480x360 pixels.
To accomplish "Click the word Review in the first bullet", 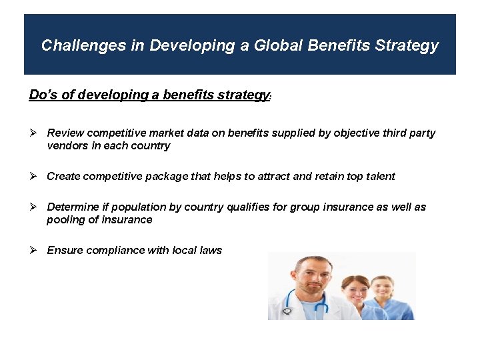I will point(65,133).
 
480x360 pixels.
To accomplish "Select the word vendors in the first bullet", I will point(66,146).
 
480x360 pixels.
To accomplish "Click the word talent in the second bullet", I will point(379,177).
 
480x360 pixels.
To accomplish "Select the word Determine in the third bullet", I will point(73,207).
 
